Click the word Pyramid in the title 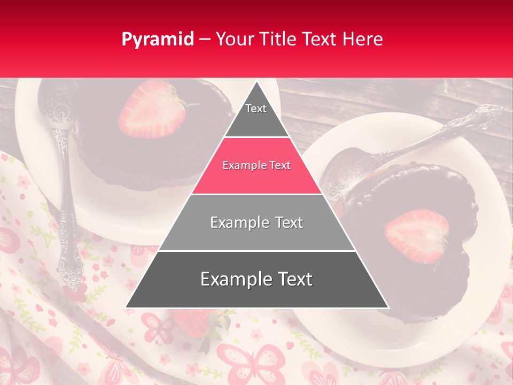pos(157,40)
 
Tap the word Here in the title pos(364,39)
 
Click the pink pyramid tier pos(256,166)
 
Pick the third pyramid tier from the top pos(256,222)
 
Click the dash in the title pos(204,40)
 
